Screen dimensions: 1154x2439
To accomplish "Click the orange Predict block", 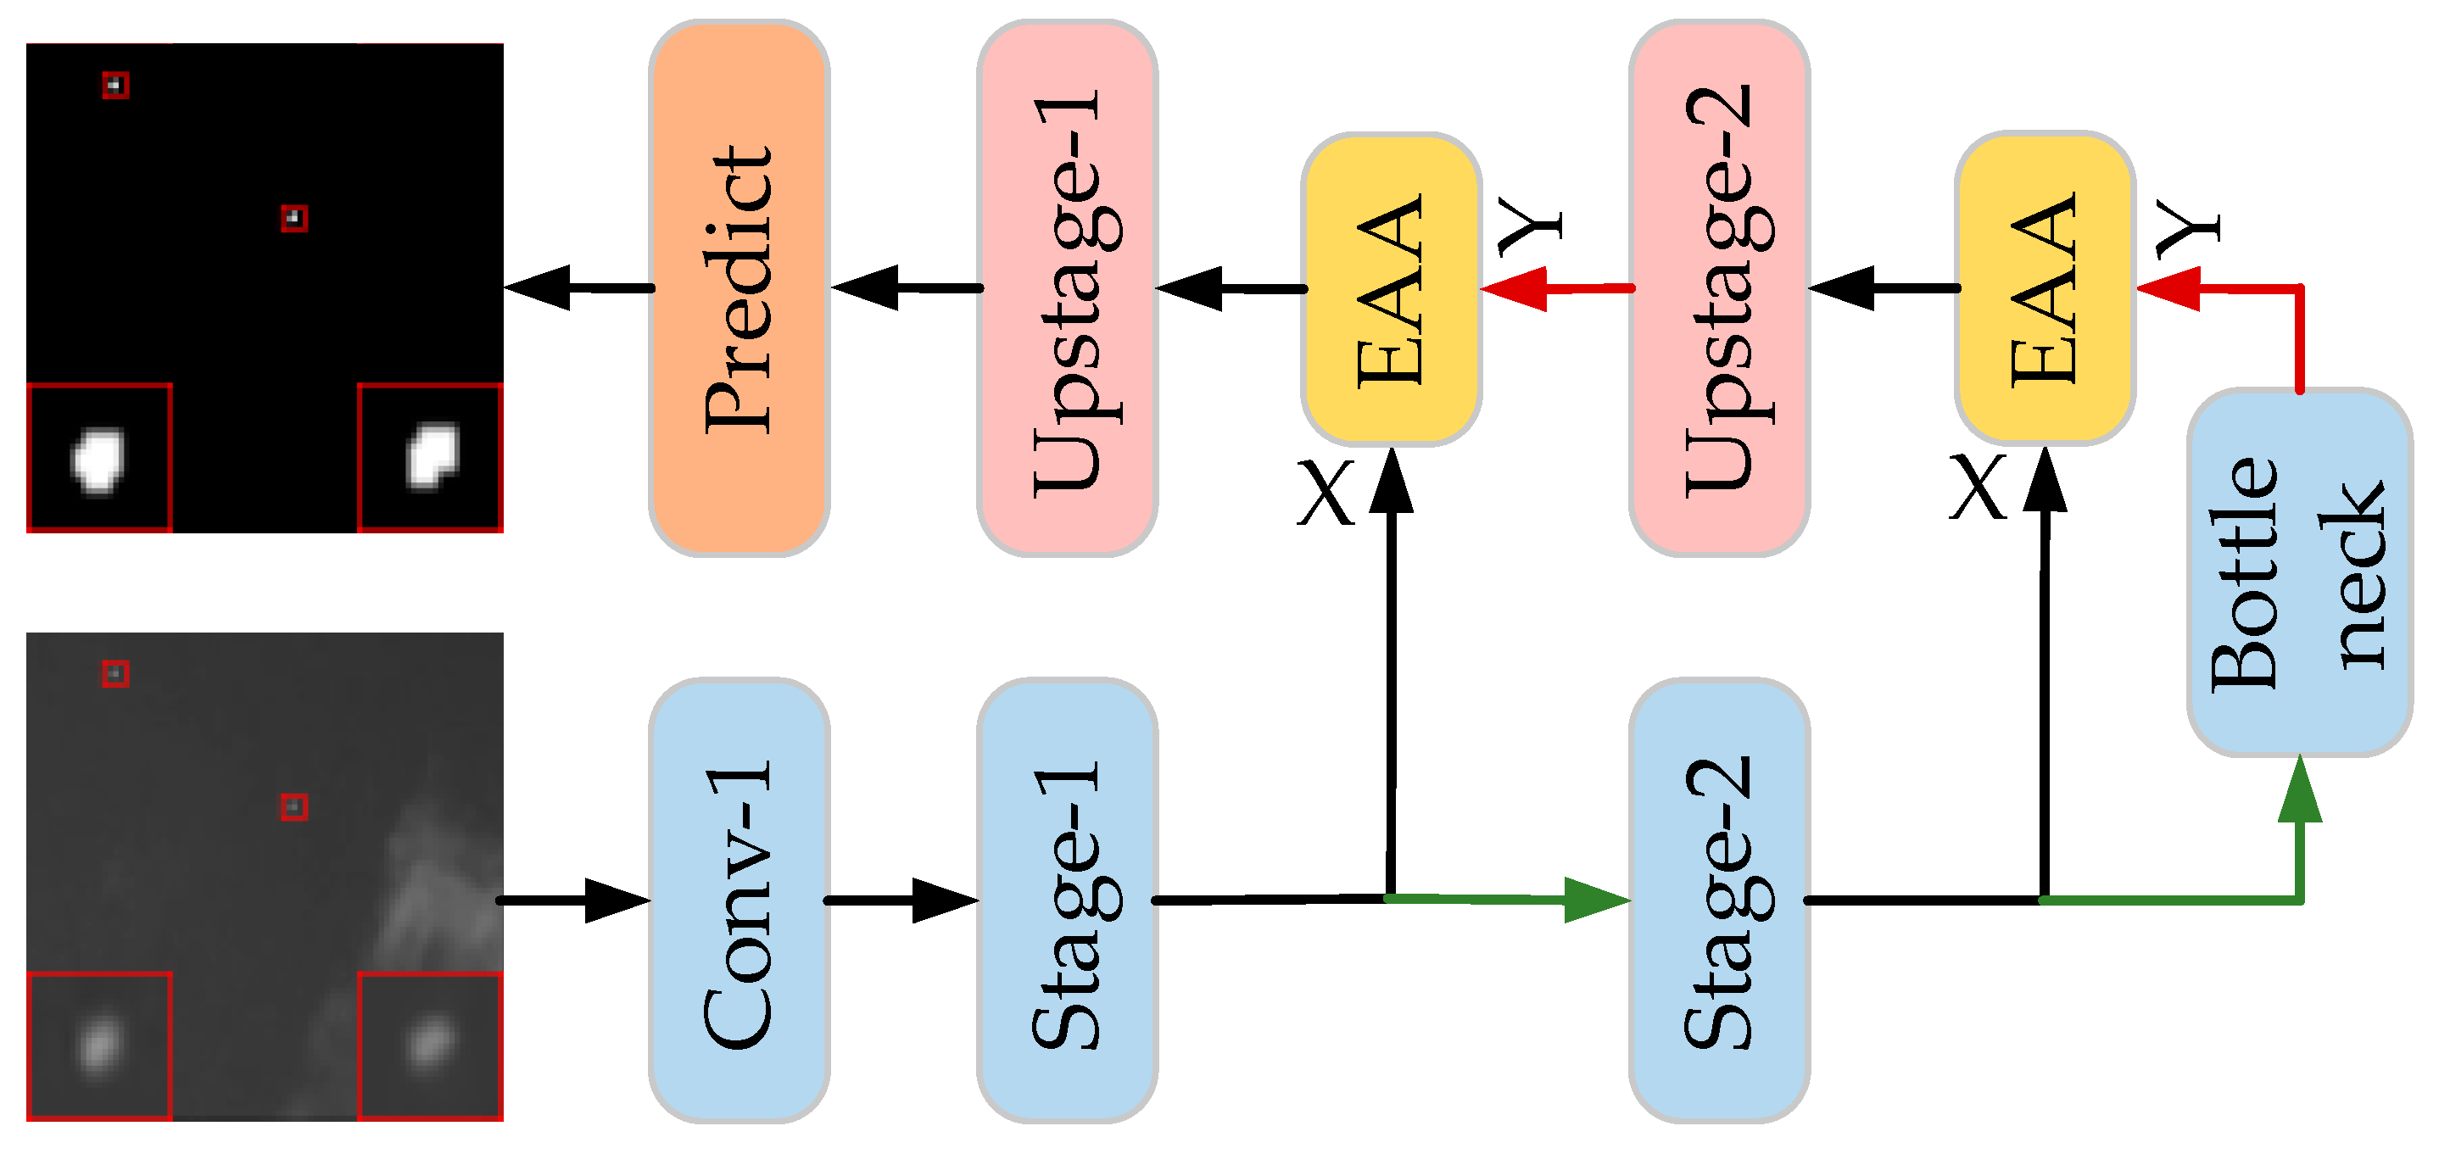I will (740, 287).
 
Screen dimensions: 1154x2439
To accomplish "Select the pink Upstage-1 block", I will (1067, 287).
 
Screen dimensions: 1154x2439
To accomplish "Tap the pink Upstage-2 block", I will (1719, 287).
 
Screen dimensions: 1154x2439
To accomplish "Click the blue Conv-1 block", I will (740, 900).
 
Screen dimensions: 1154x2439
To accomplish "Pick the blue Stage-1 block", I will (1067, 900).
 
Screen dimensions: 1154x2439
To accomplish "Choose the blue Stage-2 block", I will (1719, 900).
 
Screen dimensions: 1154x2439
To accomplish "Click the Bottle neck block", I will (2299, 572).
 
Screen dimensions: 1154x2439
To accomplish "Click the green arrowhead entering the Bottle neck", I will (2300, 791).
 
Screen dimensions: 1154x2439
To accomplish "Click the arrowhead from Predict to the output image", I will (539, 287).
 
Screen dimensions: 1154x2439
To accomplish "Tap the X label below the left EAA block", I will (1326, 493).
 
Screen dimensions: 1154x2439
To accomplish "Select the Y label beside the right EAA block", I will (2188, 228).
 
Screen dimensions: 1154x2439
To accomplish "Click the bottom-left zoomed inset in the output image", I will (99, 457).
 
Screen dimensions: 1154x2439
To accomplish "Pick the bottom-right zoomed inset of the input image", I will (430, 1046).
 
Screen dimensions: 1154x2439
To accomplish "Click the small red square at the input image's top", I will (115, 674).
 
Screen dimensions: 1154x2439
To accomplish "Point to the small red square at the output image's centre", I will (294, 219).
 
